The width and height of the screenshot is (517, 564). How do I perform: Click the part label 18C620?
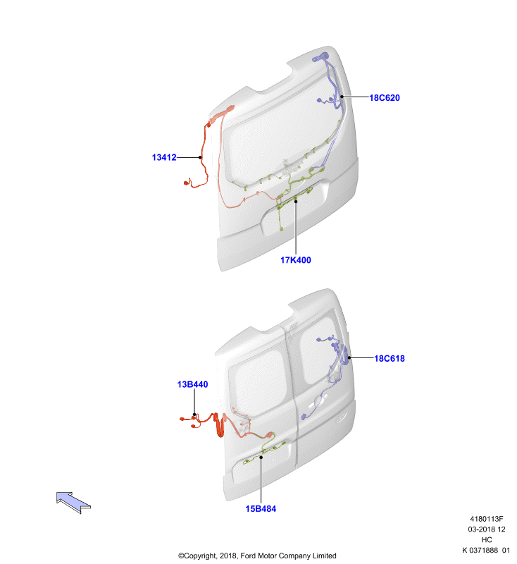tap(385, 98)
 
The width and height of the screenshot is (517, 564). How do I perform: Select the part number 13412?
tap(164, 157)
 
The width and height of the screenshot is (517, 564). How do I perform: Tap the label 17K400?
tap(296, 260)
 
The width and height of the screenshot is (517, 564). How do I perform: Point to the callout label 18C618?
tap(390, 358)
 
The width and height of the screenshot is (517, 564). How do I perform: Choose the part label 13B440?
tap(192, 384)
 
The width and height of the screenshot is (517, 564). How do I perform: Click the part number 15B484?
tap(261, 508)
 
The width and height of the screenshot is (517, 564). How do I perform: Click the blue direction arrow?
tap(73, 503)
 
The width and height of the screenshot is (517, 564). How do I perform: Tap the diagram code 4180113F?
tap(487, 519)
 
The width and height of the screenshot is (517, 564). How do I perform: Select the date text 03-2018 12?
tap(487, 529)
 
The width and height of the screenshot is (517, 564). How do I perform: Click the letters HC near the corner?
tap(487, 539)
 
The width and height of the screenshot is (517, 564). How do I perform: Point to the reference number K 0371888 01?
tap(486, 550)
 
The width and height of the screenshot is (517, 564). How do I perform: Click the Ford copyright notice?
tap(257, 556)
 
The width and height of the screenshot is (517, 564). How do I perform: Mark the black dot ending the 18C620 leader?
tap(342, 97)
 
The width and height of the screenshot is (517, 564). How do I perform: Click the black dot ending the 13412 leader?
tap(200, 157)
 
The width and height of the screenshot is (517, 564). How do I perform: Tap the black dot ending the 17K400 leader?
tap(296, 201)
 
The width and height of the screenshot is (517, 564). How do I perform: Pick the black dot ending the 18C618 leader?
tap(349, 357)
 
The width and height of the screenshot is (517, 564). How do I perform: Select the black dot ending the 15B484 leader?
tap(261, 457)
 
